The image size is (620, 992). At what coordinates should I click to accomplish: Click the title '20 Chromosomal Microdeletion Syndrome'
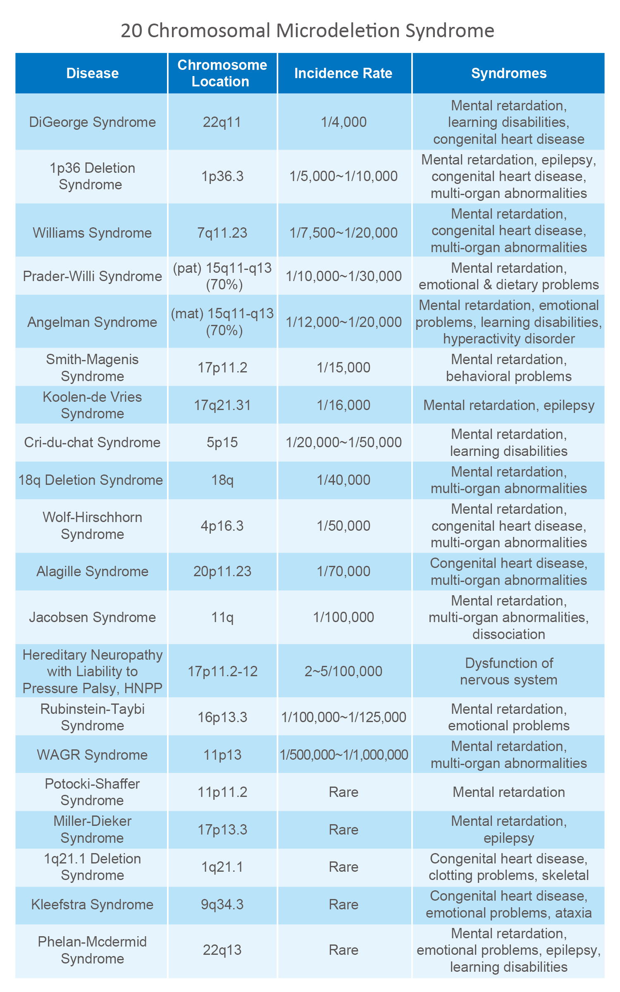(308, 31)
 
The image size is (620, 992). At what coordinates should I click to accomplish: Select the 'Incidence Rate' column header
(343, 73)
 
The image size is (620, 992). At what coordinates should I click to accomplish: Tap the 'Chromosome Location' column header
(222, 73)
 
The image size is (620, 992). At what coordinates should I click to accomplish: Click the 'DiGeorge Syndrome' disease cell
(92, 122)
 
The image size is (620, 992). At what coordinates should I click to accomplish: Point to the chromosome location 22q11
(222, 122)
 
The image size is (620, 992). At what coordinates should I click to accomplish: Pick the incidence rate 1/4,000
(343, 122)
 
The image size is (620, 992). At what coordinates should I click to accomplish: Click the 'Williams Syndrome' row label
(92, 233)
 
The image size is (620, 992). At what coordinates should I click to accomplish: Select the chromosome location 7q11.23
(222, 233)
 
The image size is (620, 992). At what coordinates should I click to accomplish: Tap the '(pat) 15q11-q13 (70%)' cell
(222, 276)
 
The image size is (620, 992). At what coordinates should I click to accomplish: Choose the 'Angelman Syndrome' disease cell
(92, 322)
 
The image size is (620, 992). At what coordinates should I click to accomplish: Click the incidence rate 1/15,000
(343, 367)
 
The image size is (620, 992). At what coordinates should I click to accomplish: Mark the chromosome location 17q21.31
(222, 405)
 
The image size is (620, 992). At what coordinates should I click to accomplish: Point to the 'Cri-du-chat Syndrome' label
(92, 442)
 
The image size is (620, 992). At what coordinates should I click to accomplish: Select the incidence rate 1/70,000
(343, 571)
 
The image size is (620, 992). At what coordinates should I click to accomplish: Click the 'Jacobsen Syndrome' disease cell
(92, 617)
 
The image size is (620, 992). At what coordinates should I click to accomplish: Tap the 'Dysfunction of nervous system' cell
(508, 671)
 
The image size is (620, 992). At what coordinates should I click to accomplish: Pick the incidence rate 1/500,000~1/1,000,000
(343, 755)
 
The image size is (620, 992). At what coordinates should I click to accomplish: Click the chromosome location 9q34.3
(222, 904)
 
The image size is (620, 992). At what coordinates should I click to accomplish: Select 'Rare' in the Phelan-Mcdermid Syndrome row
(343, 950)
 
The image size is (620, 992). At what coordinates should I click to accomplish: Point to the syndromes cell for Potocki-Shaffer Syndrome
(508, 792)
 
